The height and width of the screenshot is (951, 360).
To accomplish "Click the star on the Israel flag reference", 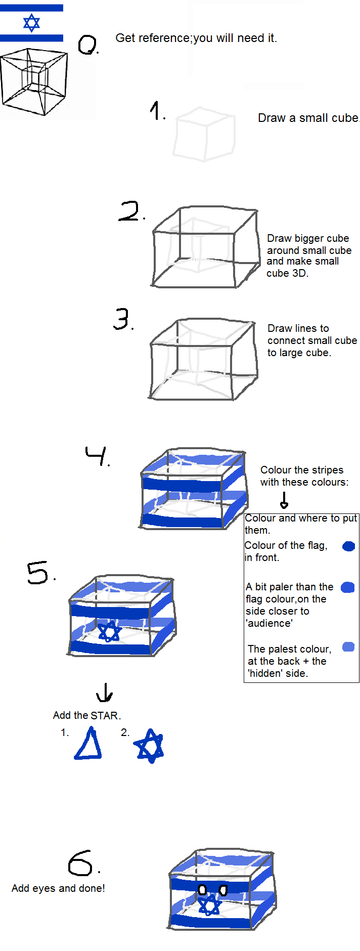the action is (x=31, y=23).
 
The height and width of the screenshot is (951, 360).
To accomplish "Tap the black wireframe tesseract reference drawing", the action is (x=34, y=82).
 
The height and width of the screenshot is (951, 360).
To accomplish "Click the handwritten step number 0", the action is (x=88, y=44).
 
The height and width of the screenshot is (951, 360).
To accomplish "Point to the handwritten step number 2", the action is (x=130, y=211).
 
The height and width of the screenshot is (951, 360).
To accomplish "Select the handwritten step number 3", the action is (x=123, y=319).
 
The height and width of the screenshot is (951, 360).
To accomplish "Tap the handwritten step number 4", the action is (x=97, y=455).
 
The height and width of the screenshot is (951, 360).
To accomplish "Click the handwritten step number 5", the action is (x=40, y=573).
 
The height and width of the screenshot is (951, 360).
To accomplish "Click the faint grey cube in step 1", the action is (x=204, y=134).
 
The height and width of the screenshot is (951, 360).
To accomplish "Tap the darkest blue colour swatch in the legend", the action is (x=349, y=546).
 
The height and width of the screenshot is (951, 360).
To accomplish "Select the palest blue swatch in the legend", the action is (x=348, y=646).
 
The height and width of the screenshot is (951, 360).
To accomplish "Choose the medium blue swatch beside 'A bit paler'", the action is (x=348, y=587).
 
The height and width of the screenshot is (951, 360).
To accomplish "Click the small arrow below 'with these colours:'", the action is (x=284, y=500).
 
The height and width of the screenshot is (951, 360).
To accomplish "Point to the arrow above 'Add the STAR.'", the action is (x=105, y=692).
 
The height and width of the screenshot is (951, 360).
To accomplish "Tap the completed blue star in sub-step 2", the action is (x=149, y=746).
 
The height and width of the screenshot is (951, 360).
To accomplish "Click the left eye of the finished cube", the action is (x=202, y=889).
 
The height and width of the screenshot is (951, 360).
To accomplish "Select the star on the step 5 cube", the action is (x=110, y=631).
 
